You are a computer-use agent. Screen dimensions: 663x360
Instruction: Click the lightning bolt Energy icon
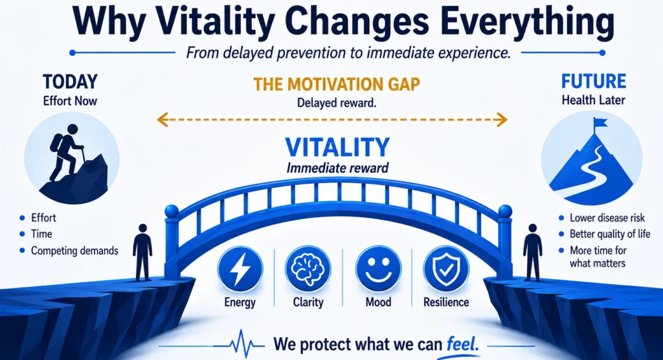pos(240,269)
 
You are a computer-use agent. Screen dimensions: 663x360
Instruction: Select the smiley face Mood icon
pos(378,269)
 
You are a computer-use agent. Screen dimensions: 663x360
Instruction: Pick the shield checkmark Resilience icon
pos(446,269)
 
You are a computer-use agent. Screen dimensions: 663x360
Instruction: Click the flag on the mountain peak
pos(600,123)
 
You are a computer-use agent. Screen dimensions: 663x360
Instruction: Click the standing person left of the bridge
pos(142,253)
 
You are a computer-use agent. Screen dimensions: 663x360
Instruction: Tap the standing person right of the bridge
pos(533,253)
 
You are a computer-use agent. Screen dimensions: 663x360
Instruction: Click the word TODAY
pos(70,82)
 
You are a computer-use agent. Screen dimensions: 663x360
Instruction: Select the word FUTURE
pos(594,81)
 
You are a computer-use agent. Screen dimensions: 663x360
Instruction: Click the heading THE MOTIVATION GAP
pos(337,84)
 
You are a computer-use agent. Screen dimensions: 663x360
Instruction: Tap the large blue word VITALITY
pos(337,147)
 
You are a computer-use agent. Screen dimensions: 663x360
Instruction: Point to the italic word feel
pos(462,344)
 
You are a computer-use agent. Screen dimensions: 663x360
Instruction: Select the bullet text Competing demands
pos(74,251)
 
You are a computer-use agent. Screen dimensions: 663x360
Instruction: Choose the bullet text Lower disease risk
pos(607,218)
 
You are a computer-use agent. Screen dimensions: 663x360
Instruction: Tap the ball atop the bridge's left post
pos(172,211)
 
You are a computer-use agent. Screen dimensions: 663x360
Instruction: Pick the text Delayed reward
pos(337,103)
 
